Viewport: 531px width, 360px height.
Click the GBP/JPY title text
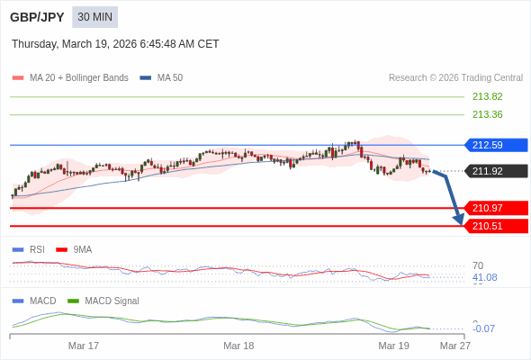[36, 17]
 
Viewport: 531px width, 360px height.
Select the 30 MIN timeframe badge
[94, 17]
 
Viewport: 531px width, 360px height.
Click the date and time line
[115, 44]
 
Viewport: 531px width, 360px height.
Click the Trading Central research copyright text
[455, 78]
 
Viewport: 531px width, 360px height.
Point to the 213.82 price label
[487, 96]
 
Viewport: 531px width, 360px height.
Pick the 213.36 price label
[487, 114]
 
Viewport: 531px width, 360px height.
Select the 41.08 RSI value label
[484, 277]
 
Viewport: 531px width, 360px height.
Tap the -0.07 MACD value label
[483, 328]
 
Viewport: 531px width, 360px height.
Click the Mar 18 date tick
[238, 346]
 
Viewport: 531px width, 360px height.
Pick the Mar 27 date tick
[454, 346]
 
